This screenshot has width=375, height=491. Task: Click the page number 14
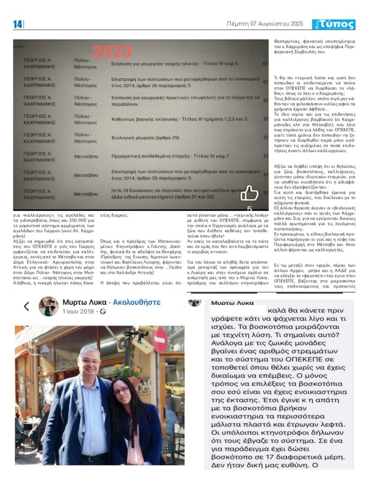(x=17, y=24)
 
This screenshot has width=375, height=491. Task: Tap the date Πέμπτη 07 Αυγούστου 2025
(x=265, y=24)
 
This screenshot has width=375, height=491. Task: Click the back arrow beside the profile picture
(x=27, y=306)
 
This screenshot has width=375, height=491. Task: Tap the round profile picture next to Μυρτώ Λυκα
(x=48, y=306)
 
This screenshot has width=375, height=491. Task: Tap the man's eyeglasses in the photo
(x=90, y=361)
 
